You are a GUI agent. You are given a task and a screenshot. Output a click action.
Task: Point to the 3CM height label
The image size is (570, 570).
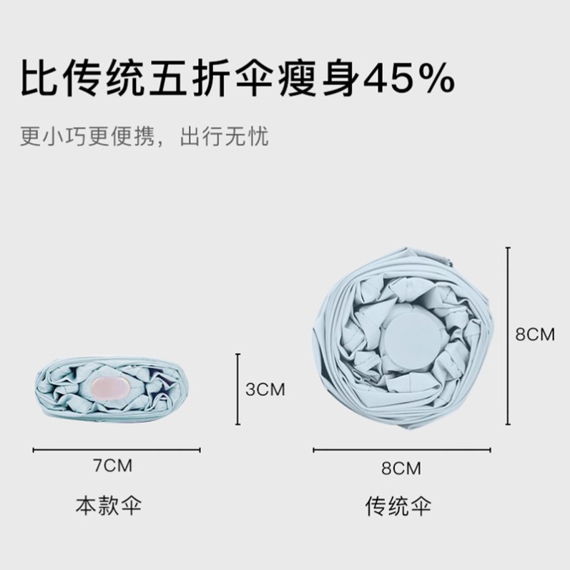point(265,389)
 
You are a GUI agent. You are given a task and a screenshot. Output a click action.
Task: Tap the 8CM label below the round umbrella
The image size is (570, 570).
point(401,468)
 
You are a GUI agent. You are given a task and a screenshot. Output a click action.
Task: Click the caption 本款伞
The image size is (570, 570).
point(109,506)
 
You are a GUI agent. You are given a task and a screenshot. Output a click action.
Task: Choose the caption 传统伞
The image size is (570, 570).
point(400,506)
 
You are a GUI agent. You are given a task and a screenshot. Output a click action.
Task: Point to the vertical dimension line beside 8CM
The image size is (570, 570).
point(508,335)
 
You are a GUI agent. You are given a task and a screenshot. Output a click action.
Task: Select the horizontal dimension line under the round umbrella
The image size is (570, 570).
point(401,451)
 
